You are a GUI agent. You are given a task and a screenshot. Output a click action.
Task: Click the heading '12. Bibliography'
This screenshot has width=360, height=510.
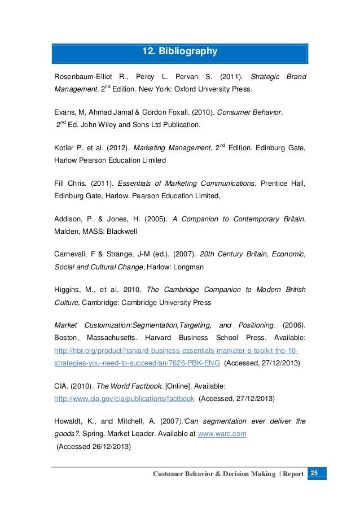coord(179,52)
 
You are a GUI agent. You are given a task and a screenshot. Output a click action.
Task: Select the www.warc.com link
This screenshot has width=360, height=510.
coord(225,434)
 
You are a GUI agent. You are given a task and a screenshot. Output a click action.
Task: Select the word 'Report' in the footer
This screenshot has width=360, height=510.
coord(293,473)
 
